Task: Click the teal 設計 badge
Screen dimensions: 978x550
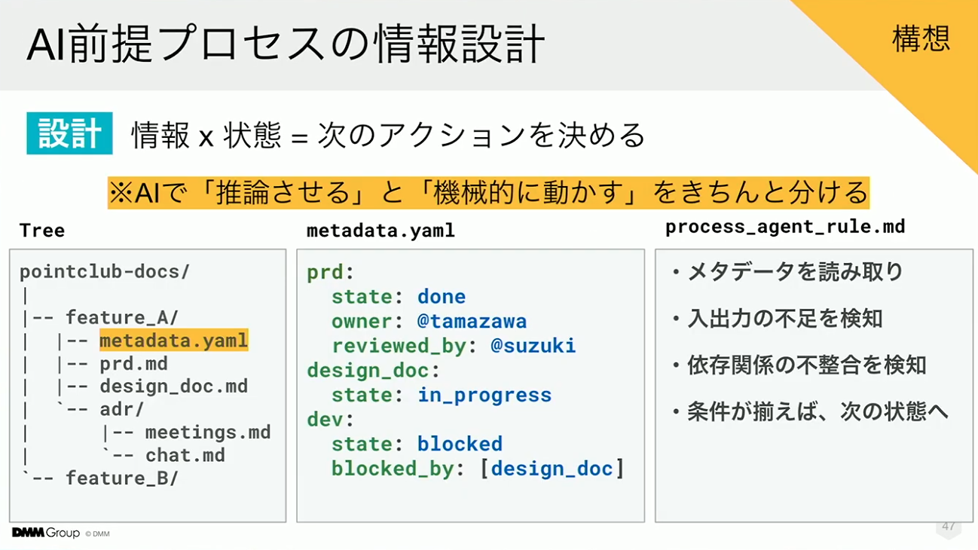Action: [x=69, y=133]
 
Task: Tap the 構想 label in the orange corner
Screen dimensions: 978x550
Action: [x=921, y=38]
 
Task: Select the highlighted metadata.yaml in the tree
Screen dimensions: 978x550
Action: [x=174, y=340]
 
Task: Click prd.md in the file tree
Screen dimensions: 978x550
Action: [x=133, y=364]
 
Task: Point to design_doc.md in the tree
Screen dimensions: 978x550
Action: [x=174, y=387]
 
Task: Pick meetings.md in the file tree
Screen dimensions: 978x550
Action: [x=208, y=432]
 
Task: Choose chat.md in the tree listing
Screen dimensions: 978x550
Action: [x=185, y=455]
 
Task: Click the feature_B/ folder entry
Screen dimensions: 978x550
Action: [x=122, y=478]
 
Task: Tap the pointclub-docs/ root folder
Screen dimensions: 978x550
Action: [x=105, y=271]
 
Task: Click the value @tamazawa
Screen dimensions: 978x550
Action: [x=472, y=321]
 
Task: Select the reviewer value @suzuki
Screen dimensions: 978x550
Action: [x=533, y=346]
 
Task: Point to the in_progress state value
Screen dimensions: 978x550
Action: [x=484, y=396]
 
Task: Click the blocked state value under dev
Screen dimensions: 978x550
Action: [x=460, y=444]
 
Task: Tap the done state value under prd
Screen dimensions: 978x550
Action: [x=442, y=297]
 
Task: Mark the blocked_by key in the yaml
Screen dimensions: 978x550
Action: [x=393, y=469]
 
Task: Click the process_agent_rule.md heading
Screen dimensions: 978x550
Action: [x=785, y=227]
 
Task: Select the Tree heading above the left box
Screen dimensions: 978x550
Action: [x=42, y=231]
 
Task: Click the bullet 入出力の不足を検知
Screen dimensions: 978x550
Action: [x=784, y=318]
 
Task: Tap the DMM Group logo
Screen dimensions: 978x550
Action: [x=46, y=533]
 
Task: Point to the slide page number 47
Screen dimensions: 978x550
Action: [x=949, y=526]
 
